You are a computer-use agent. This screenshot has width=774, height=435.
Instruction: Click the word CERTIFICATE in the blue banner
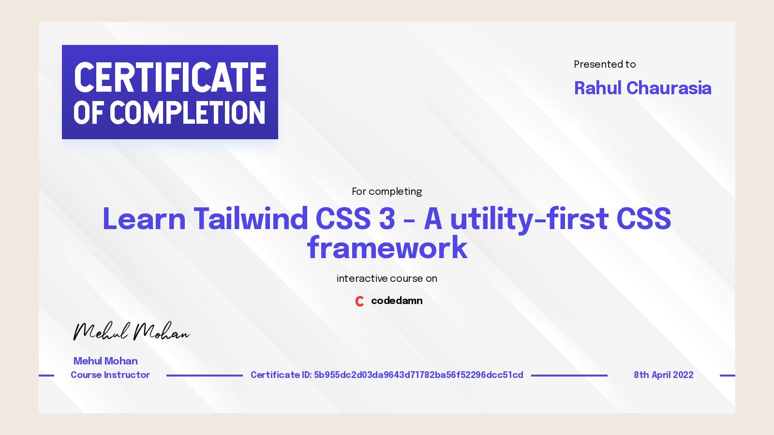tap(170, 77)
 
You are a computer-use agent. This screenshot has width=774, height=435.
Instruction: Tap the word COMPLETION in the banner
tap(188, 113)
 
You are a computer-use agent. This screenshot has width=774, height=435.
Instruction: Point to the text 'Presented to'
tap(605, 64)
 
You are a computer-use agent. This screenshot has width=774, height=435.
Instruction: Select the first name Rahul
tap(597, 88)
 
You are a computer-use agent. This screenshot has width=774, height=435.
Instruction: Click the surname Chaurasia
tap(669, 88)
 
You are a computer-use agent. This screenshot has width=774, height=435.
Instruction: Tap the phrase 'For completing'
tap(387, 191)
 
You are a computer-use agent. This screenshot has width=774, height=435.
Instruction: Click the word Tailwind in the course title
tap(251, 218)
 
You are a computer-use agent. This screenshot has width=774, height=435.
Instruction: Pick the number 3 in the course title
tap(387, 218)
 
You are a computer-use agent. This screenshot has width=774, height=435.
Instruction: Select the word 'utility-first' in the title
tap(529, 218)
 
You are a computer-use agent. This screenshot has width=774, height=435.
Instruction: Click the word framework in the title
tap(387, 248)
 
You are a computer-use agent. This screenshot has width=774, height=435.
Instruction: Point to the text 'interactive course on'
tap(387, 278)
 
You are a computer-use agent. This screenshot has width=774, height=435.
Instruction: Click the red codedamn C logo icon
tap(359, 301)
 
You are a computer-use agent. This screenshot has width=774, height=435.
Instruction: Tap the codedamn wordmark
tap(397, 301)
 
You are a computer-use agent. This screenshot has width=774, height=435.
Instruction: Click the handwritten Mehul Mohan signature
tap(131, 332)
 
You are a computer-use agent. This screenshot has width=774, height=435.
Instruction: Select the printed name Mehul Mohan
tap(105, 361)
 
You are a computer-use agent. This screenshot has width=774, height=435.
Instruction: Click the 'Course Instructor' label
tap(110, 375)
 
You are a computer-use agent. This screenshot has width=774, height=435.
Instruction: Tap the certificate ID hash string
tap(418, 375)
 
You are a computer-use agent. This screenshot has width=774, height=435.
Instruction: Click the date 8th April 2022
tap(663, 375)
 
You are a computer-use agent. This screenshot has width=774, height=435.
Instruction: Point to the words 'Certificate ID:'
tap(281, 375)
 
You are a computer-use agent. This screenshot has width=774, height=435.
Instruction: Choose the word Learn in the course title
tap(144, 218)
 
